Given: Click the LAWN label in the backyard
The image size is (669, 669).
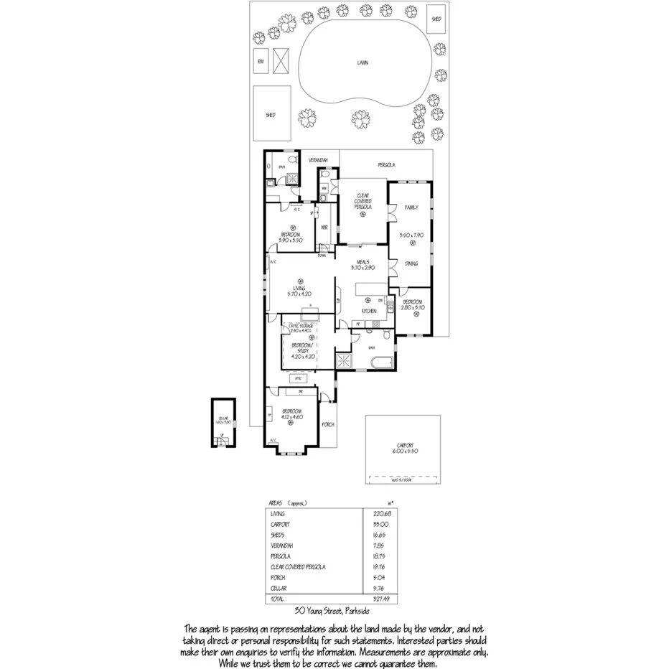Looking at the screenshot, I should tap(363, 62).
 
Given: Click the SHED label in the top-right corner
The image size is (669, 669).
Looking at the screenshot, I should tap(436, 18).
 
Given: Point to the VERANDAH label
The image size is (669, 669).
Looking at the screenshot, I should tap(318, 159).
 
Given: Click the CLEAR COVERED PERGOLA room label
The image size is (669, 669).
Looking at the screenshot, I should tap(362, 203).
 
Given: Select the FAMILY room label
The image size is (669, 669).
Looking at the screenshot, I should tap(411, 207).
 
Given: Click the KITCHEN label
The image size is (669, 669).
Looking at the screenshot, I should tap(369, 310).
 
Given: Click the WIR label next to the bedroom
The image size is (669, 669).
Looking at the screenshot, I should tap(324, 228).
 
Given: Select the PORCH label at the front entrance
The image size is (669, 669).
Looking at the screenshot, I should tap(328, 424).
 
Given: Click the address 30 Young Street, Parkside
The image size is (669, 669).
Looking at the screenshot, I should tap(332, 611).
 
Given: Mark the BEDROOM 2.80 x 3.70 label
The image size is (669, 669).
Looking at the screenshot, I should tap(414, 304).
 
